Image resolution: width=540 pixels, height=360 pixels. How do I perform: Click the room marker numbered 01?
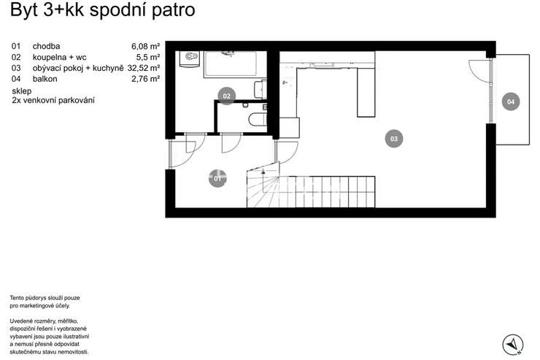217,178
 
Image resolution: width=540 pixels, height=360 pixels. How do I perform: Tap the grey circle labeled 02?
227,96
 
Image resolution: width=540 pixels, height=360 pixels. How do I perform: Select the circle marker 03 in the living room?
393,139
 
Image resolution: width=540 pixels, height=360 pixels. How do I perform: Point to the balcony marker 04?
510,102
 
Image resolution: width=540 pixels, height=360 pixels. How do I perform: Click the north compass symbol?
513,345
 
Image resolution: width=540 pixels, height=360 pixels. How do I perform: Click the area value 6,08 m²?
145,46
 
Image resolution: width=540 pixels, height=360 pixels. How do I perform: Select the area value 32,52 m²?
144,68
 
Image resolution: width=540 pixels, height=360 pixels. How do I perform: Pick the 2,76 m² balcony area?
145,79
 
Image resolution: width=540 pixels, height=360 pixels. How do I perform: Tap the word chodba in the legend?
46,46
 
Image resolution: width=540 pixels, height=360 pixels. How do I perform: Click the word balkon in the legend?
45,79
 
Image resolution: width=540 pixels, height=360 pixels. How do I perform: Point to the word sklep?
22,91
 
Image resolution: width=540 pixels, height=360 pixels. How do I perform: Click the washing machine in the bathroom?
189,59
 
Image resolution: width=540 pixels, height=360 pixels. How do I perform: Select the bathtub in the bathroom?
230,64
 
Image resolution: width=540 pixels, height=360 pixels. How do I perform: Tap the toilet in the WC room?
258,120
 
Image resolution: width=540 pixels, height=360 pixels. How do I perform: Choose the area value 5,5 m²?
147,57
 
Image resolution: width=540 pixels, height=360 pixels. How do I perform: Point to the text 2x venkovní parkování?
53,101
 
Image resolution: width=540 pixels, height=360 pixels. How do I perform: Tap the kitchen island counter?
366,93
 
